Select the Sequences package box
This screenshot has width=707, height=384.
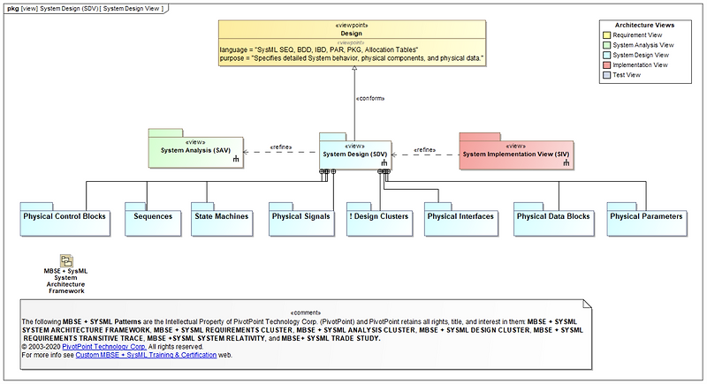click(147, 216)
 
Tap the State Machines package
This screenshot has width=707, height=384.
click(221, 216)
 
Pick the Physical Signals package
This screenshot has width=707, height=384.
click(301, 216)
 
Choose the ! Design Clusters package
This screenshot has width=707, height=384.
click(379, 216)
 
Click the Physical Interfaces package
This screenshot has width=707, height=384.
click(460, 216)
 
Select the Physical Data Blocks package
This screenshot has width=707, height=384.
click(552, 216)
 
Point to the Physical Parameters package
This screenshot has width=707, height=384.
click(646, 216)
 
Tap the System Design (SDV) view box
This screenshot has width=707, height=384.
click(353, 154)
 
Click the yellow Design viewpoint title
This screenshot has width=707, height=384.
click(351, 33)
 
